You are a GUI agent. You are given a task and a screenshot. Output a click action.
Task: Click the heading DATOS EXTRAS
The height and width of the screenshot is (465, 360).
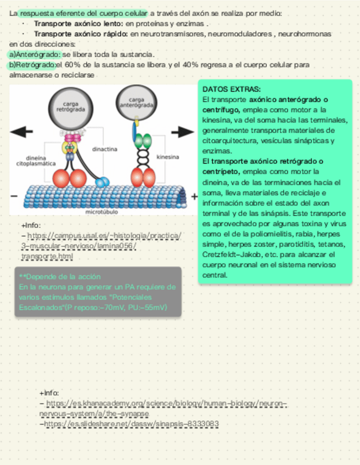click(231, 89)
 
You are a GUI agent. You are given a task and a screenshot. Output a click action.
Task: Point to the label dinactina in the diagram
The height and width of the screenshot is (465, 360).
click(104, 149)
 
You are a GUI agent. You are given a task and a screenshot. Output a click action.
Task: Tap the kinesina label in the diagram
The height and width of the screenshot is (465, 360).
click(167, 157)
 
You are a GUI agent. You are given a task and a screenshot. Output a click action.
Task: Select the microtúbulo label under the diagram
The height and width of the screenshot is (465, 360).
click(101, 211)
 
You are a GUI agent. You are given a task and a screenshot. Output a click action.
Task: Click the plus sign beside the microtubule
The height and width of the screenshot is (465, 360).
click(194, 196)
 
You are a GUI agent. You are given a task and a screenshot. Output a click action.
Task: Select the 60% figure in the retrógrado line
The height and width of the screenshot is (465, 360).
click(72, 65)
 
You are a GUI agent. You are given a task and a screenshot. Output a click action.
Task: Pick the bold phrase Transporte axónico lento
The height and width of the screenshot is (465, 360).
click(78, 24)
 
